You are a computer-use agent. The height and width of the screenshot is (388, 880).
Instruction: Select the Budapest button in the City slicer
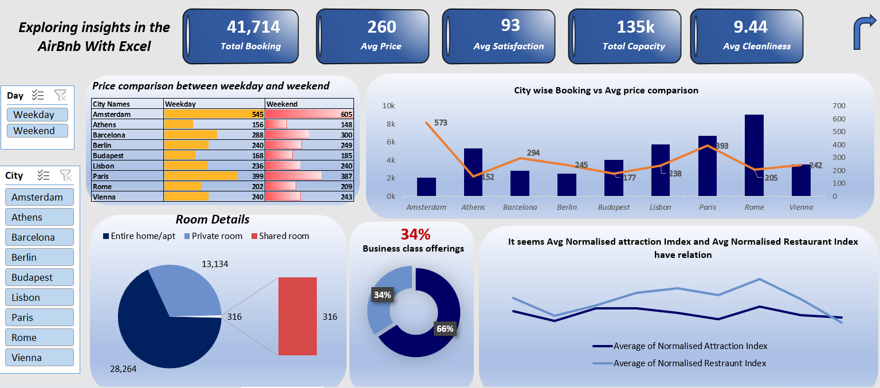tap(39, 277)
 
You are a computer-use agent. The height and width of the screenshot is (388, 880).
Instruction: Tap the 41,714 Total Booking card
tap(241, 36)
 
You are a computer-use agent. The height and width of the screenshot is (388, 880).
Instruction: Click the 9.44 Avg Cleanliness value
tap(751, 27)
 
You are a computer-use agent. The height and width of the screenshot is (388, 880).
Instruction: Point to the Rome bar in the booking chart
tap(754, 155)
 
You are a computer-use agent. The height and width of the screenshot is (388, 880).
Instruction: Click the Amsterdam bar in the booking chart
tap(426, 187)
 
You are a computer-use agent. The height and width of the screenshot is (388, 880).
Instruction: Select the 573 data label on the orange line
tap(441, 123)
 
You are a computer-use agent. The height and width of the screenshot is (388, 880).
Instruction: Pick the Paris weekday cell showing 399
tap(214, 176)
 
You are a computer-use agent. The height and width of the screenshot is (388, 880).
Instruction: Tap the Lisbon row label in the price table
tap(105, 166)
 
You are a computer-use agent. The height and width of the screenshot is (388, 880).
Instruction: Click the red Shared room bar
tap(297, 316)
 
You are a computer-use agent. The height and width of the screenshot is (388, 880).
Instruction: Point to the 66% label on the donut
tap(445, 329)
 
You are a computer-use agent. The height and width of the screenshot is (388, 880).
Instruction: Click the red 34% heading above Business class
tap(415, 234)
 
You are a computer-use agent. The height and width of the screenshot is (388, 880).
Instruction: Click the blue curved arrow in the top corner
tap(864, 32)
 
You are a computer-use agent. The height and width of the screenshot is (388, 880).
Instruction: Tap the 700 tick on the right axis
tap(839, 106)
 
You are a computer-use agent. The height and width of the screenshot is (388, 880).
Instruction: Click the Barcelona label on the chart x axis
tap(520, 207)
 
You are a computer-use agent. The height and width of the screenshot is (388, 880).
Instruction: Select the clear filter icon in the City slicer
tap(65, 175)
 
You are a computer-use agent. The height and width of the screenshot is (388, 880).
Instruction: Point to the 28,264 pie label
tap(123, 369)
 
